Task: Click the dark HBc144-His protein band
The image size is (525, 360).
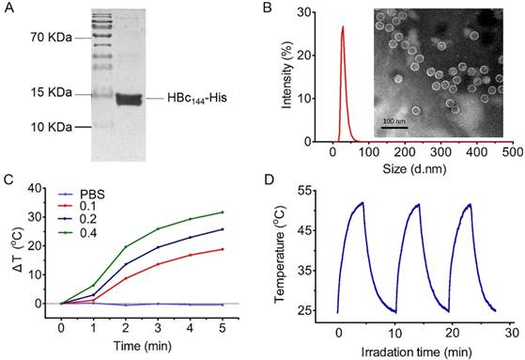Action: tap(131, 99)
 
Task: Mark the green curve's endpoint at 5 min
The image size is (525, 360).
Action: tap(222, 211)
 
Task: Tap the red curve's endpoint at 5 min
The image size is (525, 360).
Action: tap(222, 249)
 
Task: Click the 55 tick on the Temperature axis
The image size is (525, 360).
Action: tap(315, 191)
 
